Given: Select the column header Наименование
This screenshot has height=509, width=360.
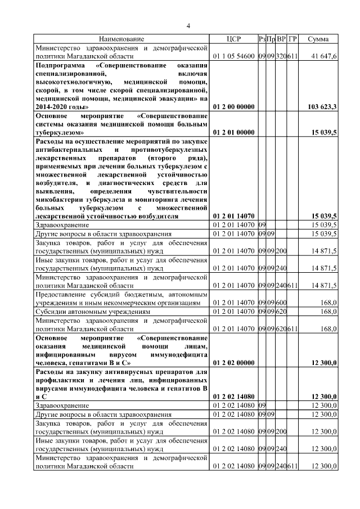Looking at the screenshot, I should (122, 39).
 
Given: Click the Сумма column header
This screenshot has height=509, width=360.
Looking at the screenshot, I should (319, 39).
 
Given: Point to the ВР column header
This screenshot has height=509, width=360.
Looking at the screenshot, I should (281, 39).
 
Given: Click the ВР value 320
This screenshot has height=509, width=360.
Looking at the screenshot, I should (281, 56).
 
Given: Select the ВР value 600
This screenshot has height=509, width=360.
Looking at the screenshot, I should (281, 303).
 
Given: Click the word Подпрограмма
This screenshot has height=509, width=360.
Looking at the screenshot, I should (61, 65).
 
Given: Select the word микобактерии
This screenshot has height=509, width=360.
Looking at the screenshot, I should (62, 199).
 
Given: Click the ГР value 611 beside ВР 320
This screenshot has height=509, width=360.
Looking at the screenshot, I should (292, 56).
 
